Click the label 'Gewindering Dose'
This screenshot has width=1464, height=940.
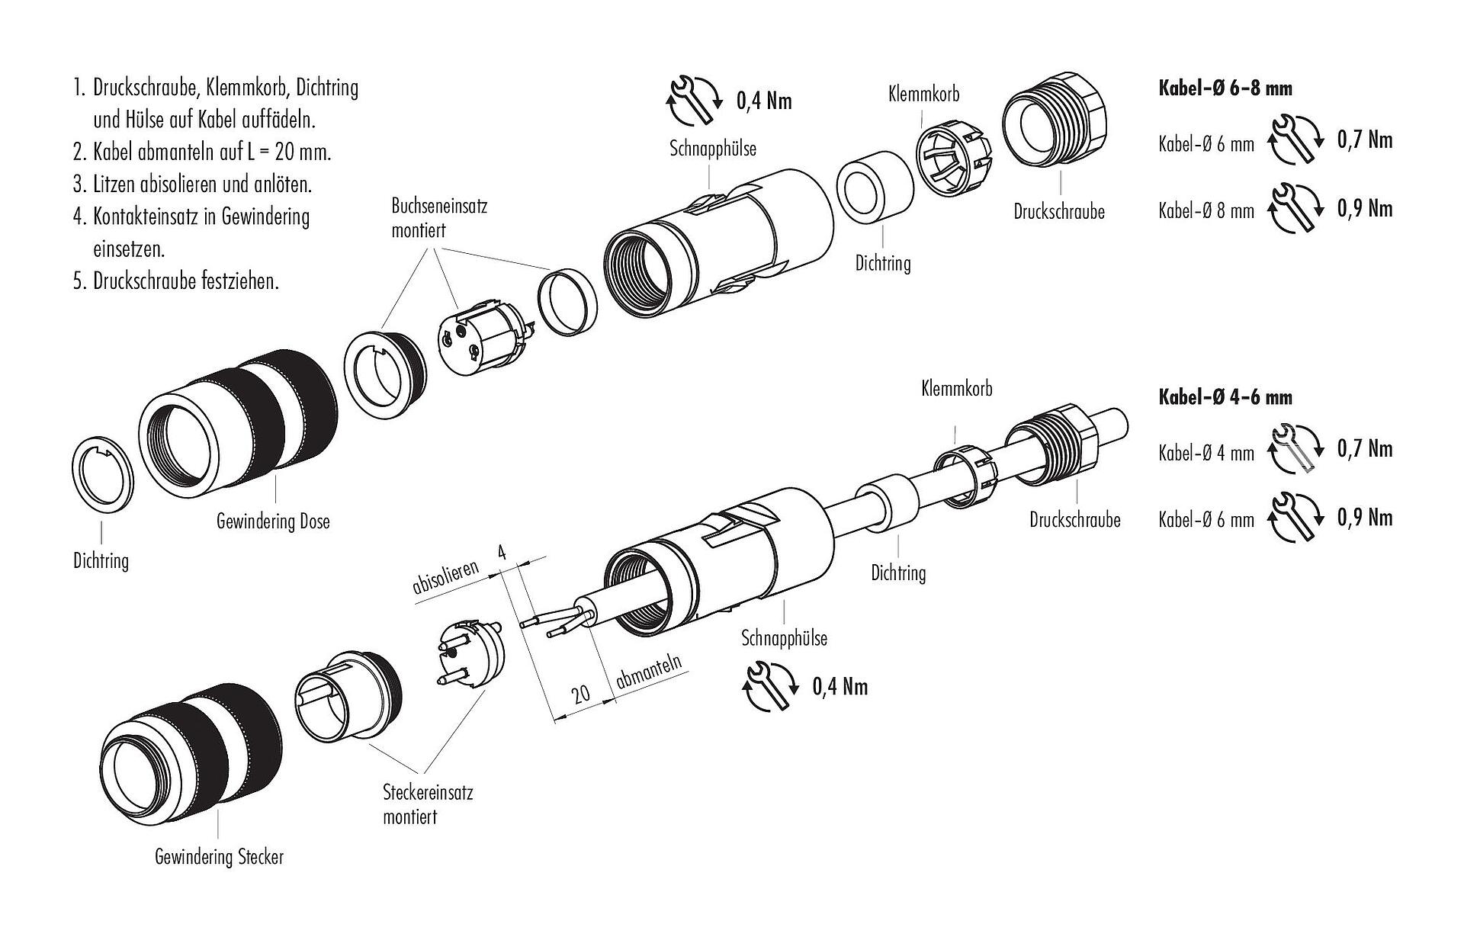pos(273,521)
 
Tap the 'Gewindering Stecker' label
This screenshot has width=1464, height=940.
pos(219,857)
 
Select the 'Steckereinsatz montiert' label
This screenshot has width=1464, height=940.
pos(427,804)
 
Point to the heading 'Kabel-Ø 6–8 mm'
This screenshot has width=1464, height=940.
pos(1225,88)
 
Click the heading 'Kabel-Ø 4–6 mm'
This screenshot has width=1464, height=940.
pos(1225,397)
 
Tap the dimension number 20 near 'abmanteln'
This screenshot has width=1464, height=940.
pos(581,694)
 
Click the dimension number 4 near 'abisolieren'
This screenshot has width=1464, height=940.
pos(501,552)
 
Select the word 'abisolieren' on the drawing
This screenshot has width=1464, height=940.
pos(445,577)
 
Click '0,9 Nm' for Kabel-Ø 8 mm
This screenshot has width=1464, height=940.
pos(1365,209)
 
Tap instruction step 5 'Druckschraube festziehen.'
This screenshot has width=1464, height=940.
pos(177,281)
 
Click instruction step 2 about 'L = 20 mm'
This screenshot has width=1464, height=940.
pos(203,152)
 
